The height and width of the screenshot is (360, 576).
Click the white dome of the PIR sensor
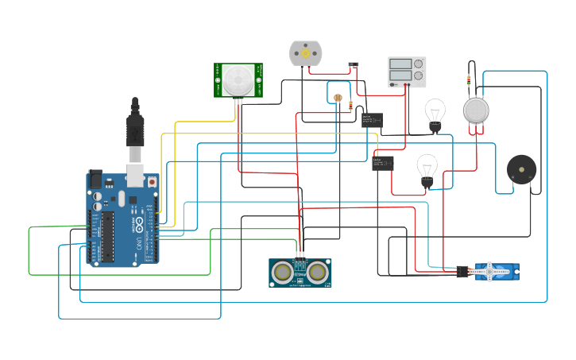(239, 79)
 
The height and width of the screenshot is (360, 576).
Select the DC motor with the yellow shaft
(305, 53)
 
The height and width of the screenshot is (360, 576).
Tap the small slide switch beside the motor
(354, 65)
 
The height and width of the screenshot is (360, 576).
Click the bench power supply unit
(407, 72)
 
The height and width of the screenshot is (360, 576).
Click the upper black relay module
(372, 121)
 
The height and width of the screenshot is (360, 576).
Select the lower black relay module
(382, 165)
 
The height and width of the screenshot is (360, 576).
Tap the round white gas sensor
(476, 110)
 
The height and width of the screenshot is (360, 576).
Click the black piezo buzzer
(521, 170)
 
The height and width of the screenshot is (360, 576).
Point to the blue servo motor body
(497, 273)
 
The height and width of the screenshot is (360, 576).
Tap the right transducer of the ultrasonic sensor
(318, 273)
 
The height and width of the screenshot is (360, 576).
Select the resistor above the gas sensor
(469, 80)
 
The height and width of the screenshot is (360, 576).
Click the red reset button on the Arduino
(152, 182)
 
